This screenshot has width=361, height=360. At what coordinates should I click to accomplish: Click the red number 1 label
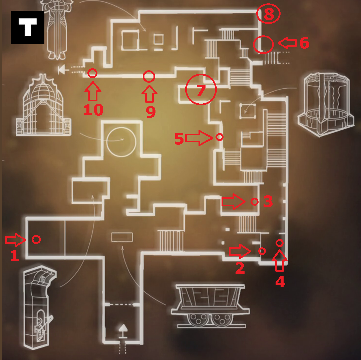point(14,255)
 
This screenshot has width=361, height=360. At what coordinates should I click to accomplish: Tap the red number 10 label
point(93,110)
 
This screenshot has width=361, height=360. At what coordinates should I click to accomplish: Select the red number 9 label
point(151,112)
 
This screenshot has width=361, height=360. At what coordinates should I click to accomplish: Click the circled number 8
point(269,14)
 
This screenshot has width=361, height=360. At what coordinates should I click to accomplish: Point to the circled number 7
point(201,90)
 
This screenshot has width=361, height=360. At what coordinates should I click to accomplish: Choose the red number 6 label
point(304,43)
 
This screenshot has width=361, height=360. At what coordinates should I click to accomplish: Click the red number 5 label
point(179,139)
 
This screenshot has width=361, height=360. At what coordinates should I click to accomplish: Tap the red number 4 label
point(280,282)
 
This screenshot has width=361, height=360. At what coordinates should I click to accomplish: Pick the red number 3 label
point(268,201)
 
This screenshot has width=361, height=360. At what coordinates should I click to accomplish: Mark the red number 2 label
point(240,268)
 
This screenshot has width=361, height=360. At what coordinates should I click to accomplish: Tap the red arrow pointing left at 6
point(287,43)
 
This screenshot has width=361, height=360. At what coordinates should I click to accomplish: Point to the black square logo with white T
point(28,27)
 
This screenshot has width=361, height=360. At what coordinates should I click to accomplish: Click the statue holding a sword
point(57,29)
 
